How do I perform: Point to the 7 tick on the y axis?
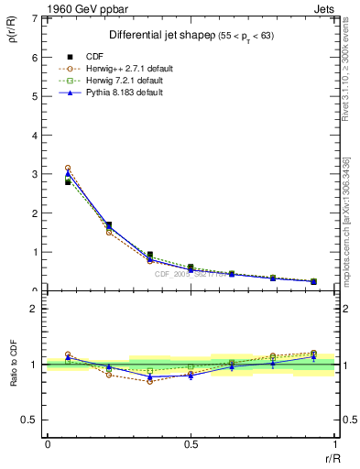(x=35, y=18)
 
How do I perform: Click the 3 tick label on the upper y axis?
(x=35, y=174)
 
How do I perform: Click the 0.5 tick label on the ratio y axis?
(x=31, y=420)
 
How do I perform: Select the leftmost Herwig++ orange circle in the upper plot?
(x=68, y=169)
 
